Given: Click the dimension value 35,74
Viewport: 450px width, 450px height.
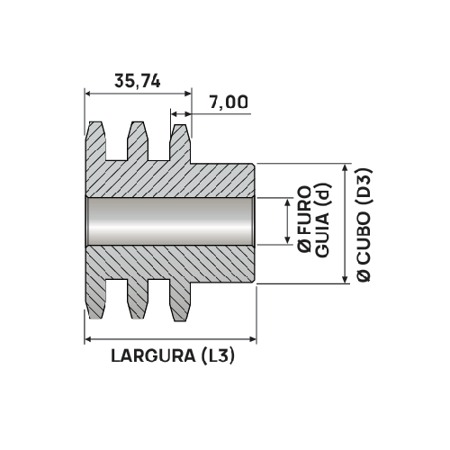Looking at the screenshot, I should pyautogui.click(x=138, y=80).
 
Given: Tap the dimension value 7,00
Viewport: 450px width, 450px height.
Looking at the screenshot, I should pyautogui.click(x=227, y=103).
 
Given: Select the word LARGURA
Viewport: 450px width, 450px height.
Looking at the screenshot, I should pyautogui.click(x=149, y=355).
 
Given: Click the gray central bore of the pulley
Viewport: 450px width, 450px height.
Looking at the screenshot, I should pyautogui.click(x=171, y=221).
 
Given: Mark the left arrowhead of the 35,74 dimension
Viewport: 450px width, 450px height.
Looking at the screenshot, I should pyautogui.click(x=89, y=92).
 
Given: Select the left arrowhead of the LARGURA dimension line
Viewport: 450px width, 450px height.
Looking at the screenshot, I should pyautogui.click(x=89, y=339).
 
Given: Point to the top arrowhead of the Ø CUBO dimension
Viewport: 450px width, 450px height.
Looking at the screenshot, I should pyautogui.click(x=346, y=168).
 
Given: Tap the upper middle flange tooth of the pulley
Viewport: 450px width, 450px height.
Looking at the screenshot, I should pyautogui.click(x=137, y=135).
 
